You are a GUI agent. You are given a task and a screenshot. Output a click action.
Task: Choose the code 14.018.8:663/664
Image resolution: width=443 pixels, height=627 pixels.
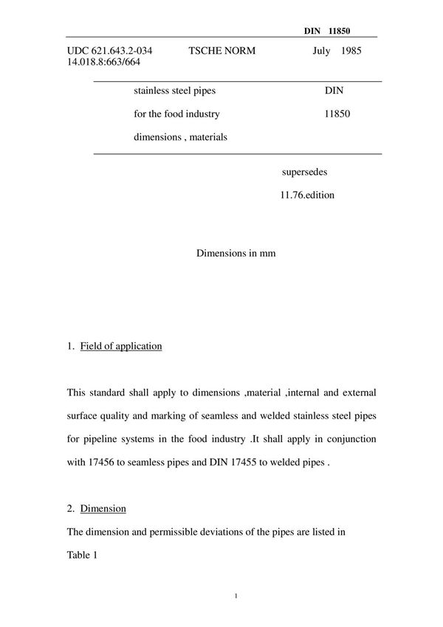[x=103, y=62]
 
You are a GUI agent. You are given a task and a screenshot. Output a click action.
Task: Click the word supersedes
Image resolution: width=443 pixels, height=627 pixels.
[x=304, y=172]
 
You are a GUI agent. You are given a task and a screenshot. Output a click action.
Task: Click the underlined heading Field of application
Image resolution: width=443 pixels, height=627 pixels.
[x=120, y=346]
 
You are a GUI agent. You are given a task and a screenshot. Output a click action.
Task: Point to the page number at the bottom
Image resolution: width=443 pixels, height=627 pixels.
[x=235, y=595]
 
